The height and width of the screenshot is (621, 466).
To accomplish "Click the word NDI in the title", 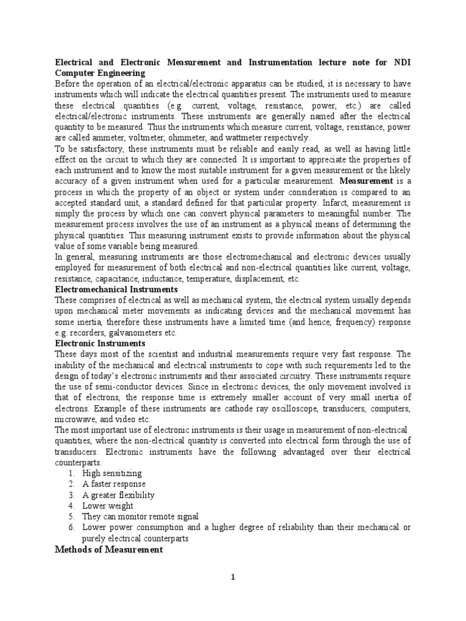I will coord(400,62).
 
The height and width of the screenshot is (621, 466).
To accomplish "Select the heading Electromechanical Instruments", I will coord(117,289).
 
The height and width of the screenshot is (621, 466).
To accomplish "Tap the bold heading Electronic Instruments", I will coord(100,343).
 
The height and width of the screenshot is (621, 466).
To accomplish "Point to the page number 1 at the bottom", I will coord(232,577).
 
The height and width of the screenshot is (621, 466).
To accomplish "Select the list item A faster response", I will coord(114,484).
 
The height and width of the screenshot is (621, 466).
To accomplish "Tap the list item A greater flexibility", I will coord(118,494).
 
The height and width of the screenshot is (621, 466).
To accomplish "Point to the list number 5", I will coord(71,516).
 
